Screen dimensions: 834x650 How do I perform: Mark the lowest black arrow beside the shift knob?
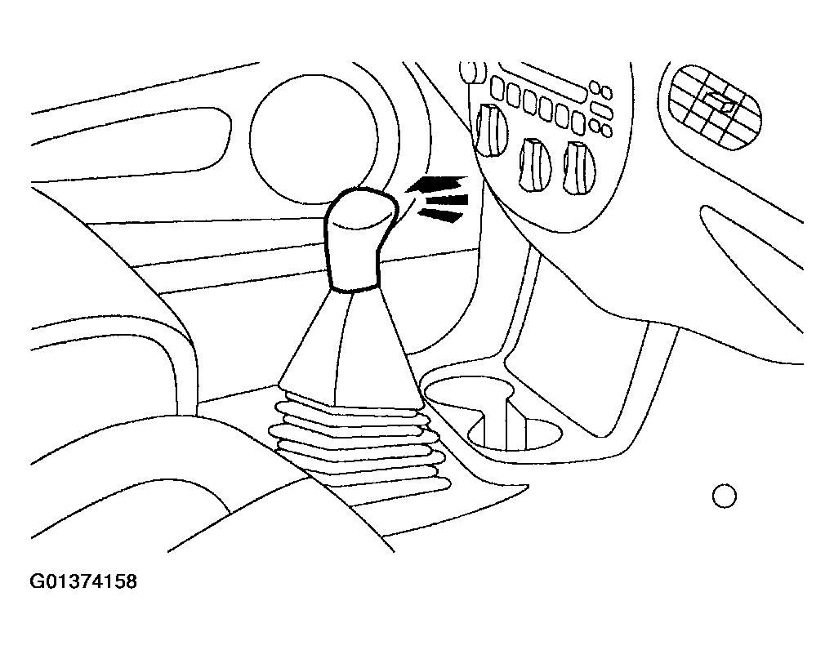click(440, 215)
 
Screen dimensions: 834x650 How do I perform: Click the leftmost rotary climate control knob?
click(491, 130)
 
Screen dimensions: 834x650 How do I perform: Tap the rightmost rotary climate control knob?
click(578, 167)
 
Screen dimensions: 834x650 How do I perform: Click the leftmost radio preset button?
click(498, 87)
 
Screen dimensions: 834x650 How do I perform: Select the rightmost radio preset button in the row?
click(578, 122)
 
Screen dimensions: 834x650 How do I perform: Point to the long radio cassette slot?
click(542, 83)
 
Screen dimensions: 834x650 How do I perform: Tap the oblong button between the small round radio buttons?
click(601, 111)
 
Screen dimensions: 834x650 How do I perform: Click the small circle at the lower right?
click(724, 496)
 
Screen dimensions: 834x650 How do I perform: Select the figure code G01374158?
click(83, 581)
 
